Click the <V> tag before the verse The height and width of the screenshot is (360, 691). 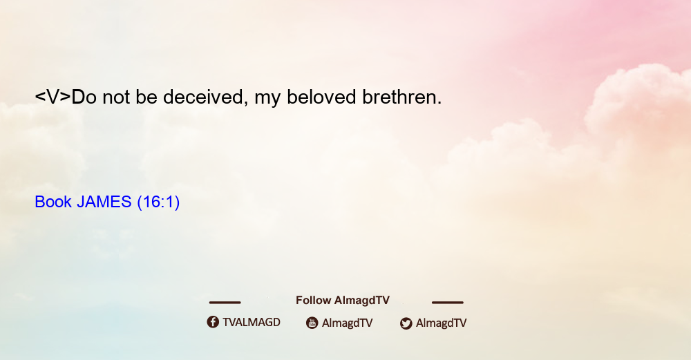(x=53, y=97)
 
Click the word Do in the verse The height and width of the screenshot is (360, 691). (x=84, y=97)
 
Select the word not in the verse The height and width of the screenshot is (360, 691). (x=116, y=97)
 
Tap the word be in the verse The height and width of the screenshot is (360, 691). (x=146, y=97)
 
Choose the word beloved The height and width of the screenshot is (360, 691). (x=321, y=97)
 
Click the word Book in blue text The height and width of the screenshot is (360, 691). (x=53, y=202)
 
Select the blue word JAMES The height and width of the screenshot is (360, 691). (x=104, y=202)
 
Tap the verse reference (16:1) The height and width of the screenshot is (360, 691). (x=158, y=202)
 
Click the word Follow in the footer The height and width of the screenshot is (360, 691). (x=313, y=301)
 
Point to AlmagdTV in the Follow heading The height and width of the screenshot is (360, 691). (x=362, y=301)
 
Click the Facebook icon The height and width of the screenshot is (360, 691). (x=213, y=322)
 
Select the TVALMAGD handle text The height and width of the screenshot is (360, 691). (x=252, y=323)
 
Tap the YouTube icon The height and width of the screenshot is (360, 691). (x=312, y=323)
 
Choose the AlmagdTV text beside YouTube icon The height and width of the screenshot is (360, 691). (x=348, y=323)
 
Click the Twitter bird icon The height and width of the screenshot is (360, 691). (x=406, y=323)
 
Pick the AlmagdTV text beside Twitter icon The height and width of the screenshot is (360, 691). (x=441, y=323)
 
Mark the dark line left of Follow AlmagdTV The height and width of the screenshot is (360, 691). (x=225, y=302)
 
